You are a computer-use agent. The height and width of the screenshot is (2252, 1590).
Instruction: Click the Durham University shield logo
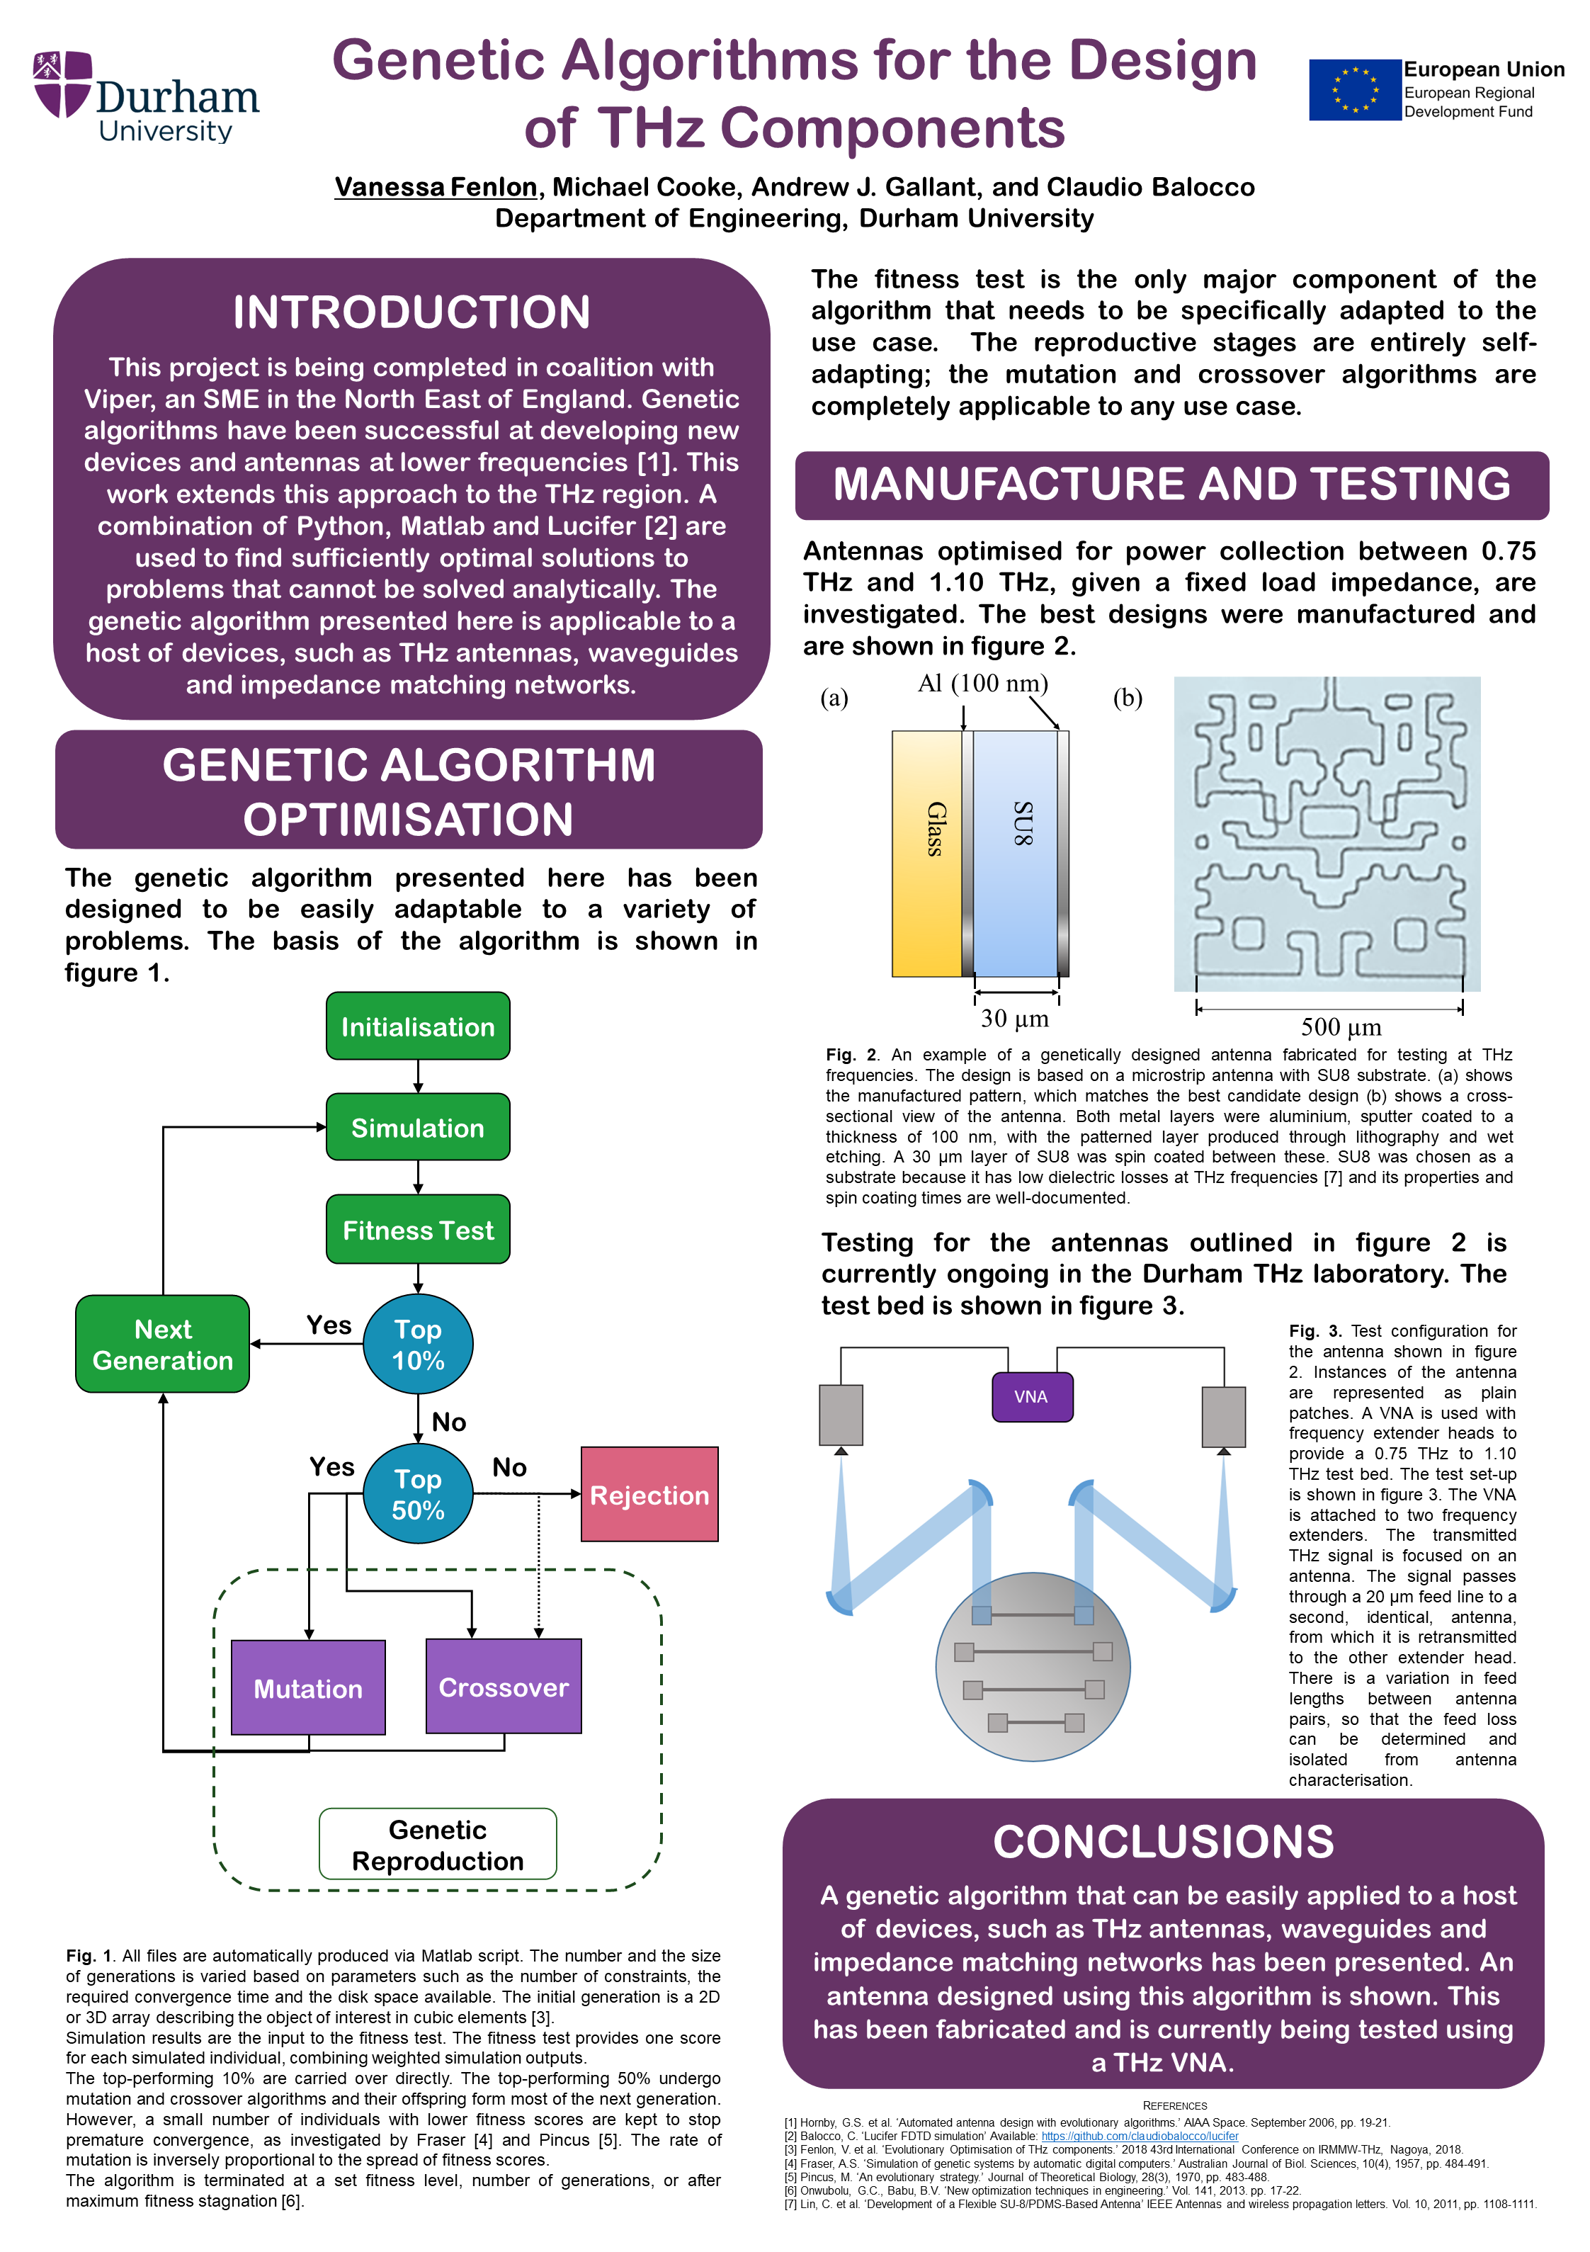pos(63,84)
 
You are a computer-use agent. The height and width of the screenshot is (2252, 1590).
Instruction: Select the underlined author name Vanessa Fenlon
pos(436,186)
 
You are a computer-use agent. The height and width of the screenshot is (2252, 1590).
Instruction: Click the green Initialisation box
pos(418,1026)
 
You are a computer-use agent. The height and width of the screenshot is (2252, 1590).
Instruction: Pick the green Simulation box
pos(418,1127)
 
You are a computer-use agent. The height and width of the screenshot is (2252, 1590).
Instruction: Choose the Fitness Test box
pos(418,1229)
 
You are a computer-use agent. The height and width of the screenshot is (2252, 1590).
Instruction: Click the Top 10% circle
pos(418,1344)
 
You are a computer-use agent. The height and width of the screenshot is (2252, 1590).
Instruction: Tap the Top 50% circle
pos(418,1494)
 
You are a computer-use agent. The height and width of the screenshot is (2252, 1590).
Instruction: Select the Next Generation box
pos(163,1344)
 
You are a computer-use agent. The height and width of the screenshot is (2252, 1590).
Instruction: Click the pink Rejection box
pos(649,1494)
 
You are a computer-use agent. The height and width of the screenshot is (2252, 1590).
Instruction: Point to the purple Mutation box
pos(308,1687)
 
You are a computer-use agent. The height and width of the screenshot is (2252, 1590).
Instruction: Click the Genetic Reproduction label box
pos(438,1844)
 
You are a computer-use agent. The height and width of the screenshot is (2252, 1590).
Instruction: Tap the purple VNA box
pos(1031,1397)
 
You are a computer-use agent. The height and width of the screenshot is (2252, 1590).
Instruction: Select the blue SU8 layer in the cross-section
pos(1015,854)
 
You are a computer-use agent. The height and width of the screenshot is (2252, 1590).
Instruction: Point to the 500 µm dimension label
pos(1341,1027)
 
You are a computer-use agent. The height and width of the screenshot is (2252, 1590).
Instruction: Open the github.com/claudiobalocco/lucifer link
pos(1140,2135)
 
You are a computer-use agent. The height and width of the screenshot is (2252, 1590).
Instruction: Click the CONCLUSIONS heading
pos(1164,1841)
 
